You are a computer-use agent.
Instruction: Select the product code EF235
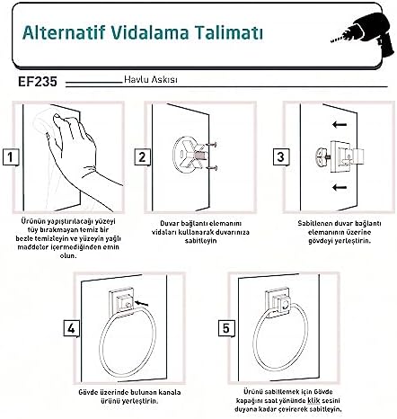[x=38, y=82]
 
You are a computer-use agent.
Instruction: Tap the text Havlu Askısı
[x=151, y=80]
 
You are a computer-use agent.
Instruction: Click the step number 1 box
[x=11, y=157]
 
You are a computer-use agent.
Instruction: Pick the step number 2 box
[x=142, y=157]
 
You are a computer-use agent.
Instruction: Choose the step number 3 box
[x=281, y=156]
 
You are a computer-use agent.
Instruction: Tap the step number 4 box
[x=71, y=328]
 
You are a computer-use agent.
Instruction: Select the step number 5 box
[x=226, y=328]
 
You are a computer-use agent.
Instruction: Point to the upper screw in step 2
[x=212, y=145]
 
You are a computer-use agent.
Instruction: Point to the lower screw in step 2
[x=212, y=168]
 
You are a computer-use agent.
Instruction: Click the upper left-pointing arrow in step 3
[x=340, y=124]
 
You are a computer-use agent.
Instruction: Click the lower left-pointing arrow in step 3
[x=340, y=188]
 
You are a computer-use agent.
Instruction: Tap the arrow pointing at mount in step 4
[x=141, y=304]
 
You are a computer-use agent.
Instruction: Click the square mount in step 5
[x=278, y=303]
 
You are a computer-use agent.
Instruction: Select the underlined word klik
[x=313, y=401]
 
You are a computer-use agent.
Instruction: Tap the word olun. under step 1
[x=68, y=256]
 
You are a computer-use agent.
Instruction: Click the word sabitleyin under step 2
[x=200, y=241]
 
